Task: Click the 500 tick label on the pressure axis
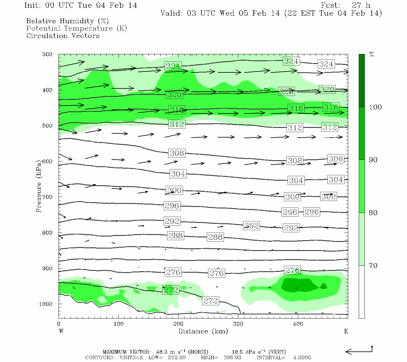[x=47, y=126]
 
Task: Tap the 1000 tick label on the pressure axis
[x=46, y=304]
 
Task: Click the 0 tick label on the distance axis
[x=58, y=324]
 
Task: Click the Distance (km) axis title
[x=203, y=331]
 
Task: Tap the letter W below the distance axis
[x=61, y=331]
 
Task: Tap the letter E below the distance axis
[x=346, y=331]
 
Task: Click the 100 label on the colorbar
[x=375, y=107]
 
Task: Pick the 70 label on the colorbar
[x=373, y=266]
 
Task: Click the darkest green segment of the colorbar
[x=361, y=81]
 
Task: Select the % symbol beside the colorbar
[x=371, y=55]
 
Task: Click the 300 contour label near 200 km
[x=174, y=191]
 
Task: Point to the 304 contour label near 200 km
[x=178, y=174]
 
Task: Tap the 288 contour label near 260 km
[x=215, y=237]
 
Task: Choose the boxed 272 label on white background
[x=210, y=301]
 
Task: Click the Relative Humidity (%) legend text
[x=67, y=21]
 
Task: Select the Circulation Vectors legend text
[x=63, y=36]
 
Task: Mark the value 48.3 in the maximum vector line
[x=162, y=352]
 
